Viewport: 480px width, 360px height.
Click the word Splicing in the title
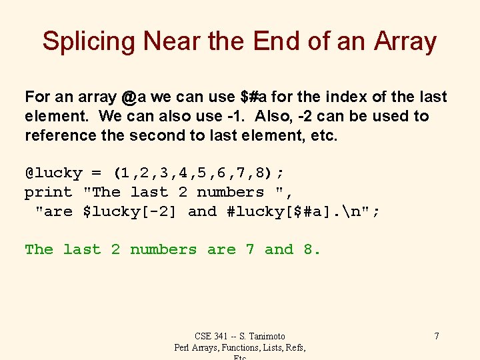pyautogui.click(x=89, y=41)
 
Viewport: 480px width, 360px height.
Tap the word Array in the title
pyautogui.click(x=405, y=41)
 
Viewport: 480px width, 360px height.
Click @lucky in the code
pyautogui.click(x=53, y=173)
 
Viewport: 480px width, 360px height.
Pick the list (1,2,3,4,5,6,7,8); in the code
pyautogui.click(x=199, y=173)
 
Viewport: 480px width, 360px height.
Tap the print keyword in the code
pyautogui.click(x=49, y=193)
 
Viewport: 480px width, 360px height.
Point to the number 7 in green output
pyautogui.click(x=250, y=250)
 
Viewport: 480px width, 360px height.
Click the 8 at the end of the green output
pyautogui.click(x=309, y=250)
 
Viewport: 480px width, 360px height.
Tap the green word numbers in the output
pyautogui.click(x=163, y=250)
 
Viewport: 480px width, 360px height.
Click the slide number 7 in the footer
pyautogui.click(x=436, y=336)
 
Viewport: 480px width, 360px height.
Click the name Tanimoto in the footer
pyautogui.click(x=265, y=336)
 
